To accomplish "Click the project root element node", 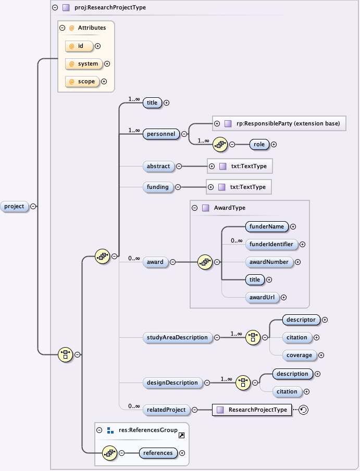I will coord(14,206).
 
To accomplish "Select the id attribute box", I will coord(79,46).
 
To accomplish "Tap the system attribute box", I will coord(83,64).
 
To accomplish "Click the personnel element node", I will coord(161,134).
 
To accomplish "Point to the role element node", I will coord(259,144).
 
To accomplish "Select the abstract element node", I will coord(158,166).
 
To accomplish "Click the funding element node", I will coord(157,187).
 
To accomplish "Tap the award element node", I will coord(155,262).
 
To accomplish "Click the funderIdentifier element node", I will coord(271,244).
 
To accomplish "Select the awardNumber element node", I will coord(269,262).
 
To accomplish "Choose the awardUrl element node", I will coord(262,297).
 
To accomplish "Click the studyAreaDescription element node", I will coord(177,337).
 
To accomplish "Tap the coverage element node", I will coord(299,355).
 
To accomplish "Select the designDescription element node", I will coord(172,383).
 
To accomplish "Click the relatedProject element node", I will coord(166,410).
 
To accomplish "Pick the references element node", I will coord(158,453).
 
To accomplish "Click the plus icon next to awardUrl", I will coord(284,297).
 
